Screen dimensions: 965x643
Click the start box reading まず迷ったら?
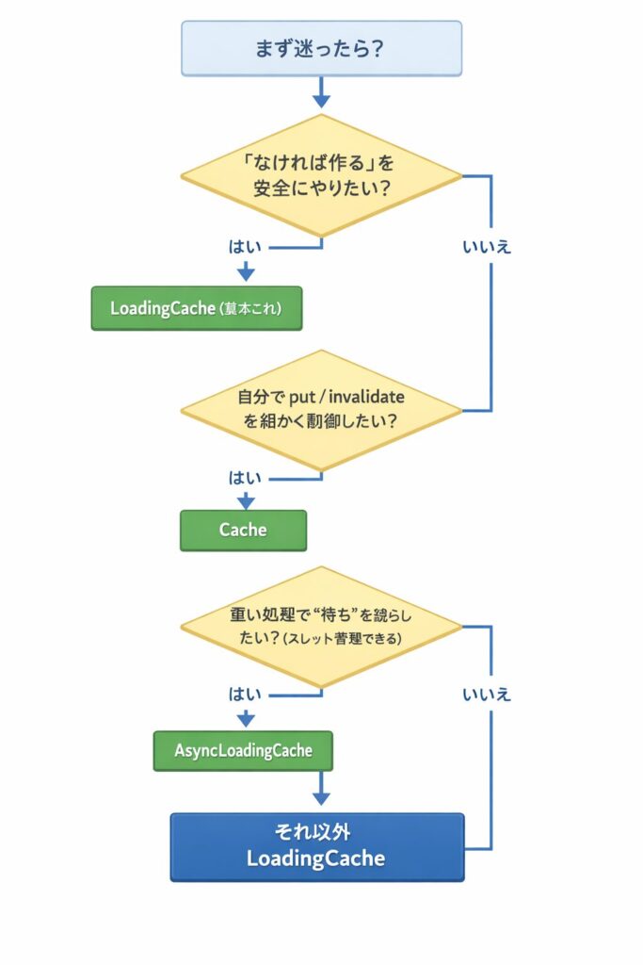(321, 48)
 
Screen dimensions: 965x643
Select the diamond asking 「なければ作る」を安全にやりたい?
(321, 175)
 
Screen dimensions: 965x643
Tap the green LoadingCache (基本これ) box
(196, 308)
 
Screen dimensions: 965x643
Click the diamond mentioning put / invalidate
(321, 409)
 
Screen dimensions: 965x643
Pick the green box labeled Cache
(243, 530)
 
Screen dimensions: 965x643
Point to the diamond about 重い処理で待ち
(321, 626)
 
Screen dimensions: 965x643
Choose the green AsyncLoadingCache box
(243, 750)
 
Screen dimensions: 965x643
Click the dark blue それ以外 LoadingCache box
(316, 846)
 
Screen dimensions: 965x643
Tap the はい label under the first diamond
(245, 247)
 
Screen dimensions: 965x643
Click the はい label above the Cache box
(245, 478)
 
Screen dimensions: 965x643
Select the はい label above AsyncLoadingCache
(245, 695)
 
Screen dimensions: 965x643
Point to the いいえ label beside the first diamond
(487, 247)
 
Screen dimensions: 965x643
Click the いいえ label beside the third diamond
(487, 695)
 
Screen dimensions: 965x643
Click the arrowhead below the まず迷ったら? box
(321, 98)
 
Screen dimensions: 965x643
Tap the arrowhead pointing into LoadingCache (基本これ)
(246, 273)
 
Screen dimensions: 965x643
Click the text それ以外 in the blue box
(316, 833)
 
